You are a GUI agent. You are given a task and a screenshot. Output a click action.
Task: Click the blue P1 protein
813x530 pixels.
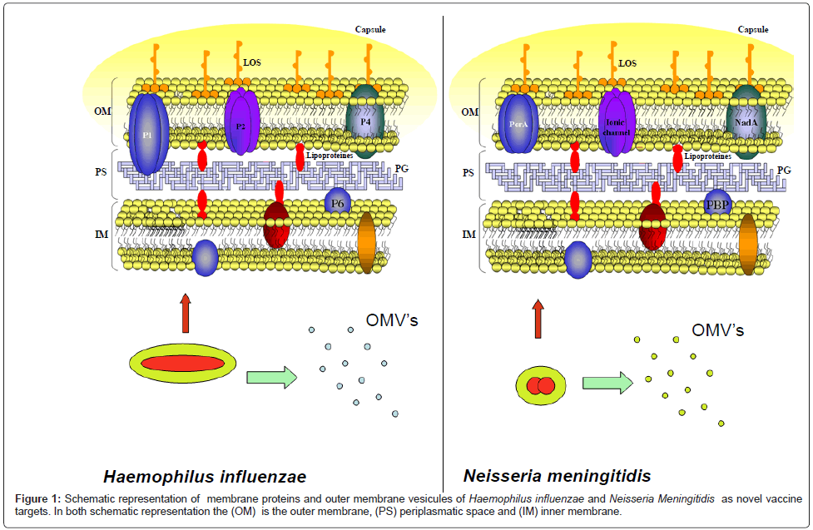coord(148,133)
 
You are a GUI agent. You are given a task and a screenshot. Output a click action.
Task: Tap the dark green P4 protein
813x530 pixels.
coord(365,123)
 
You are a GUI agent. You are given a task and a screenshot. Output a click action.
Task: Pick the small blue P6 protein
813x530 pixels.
coord(336,201)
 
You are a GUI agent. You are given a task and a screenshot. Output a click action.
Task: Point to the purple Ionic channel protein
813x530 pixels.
coord(617,123)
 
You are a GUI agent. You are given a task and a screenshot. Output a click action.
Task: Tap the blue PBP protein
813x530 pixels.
coord(717,201)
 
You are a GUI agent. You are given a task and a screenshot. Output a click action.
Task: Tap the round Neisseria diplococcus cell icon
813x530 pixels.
coord(541,386)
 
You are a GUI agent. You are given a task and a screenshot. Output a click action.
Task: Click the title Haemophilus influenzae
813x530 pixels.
coord(205,477)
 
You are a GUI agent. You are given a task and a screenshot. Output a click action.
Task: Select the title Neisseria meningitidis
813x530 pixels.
coord(558,477)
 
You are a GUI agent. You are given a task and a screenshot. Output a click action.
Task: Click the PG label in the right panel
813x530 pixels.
coord(784,171)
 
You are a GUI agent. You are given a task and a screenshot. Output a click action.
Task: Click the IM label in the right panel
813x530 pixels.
coord(469,235)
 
